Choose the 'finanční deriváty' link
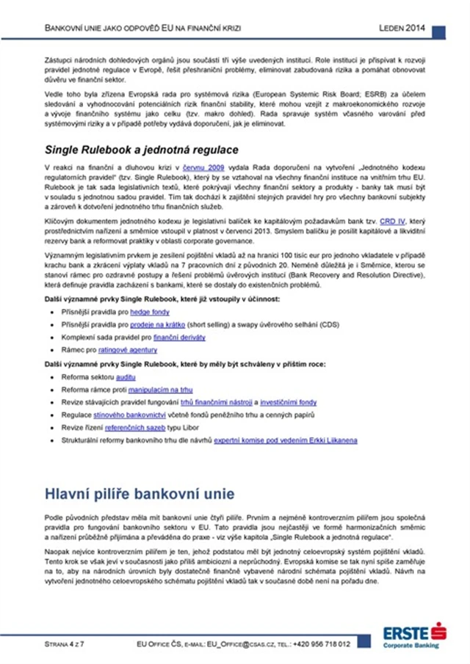(x=179, y=337)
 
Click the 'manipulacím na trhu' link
(x=160, y=390)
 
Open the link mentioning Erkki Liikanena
(x=286, y=440)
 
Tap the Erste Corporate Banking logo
(x=413, y=635)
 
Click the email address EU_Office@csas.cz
(x=226, y=644)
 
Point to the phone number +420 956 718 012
(x=321, y=644)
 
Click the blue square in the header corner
(x=438, y=32)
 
